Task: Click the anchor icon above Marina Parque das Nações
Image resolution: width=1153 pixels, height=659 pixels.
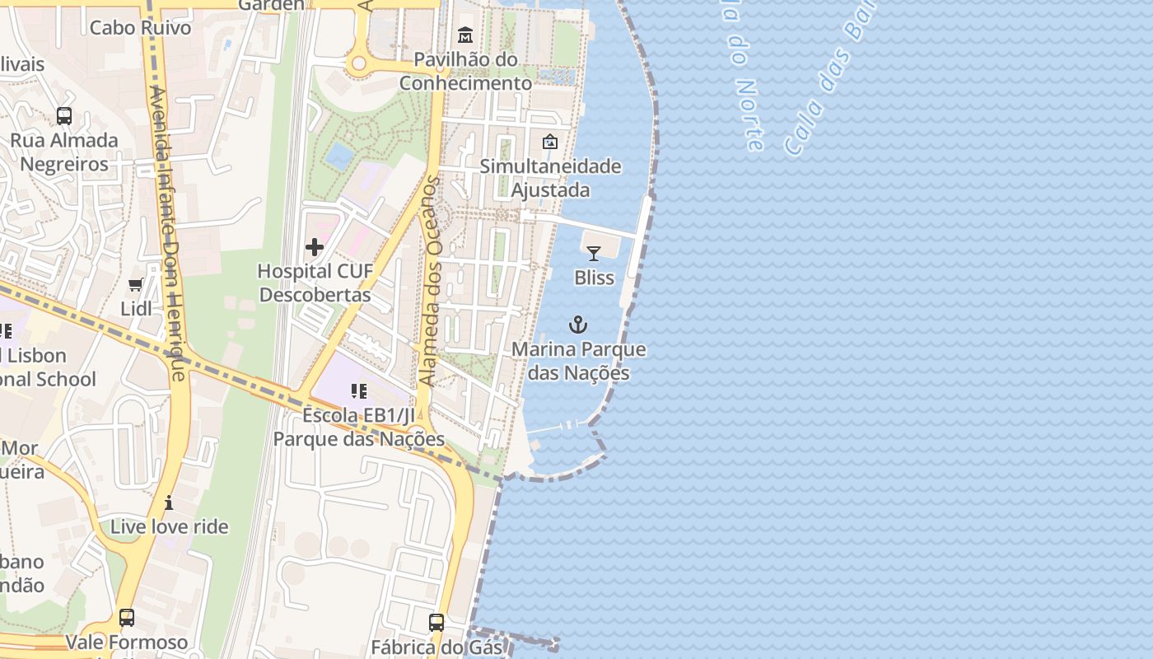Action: (578, 325)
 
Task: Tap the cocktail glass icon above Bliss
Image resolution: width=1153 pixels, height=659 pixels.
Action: (594, 254)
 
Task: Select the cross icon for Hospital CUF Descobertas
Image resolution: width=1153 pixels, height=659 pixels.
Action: (315, 247)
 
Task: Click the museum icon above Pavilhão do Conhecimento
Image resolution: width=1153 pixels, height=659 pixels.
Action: (465, 35)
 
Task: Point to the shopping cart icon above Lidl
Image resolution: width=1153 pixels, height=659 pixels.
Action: (136, 285)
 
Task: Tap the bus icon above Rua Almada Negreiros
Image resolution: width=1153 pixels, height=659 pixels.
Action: (64, 116)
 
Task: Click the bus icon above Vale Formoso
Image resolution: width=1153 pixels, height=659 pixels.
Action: (127, 618)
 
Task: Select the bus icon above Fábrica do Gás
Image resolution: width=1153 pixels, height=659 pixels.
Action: (436, 623)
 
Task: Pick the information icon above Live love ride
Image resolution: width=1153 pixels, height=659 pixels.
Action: (169, 502)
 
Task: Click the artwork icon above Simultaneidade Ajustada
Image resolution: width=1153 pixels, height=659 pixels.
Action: (550, 143)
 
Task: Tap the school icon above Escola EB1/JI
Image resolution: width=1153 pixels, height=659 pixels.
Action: (358, 391)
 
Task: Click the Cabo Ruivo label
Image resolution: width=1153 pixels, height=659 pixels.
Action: (140, 27)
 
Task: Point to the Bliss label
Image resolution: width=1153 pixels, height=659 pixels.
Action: (594, 278)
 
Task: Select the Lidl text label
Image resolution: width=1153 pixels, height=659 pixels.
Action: (136, 309)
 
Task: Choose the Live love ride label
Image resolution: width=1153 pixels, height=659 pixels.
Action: (169, 526)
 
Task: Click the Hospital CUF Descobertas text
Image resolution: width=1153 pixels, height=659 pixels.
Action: (315, 283)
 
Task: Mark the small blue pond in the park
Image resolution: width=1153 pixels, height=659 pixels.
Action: (338, 154)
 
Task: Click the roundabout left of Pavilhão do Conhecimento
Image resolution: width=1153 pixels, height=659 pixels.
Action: (358, 63)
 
